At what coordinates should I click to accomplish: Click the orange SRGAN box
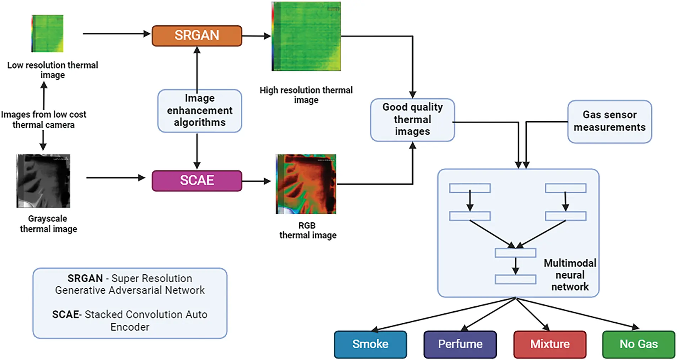point(197,36)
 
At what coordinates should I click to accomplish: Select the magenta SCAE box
point(197,181)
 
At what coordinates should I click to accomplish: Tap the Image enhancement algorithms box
point(199,111)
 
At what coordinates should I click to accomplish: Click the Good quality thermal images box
point(412,120)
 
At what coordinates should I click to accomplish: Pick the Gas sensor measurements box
point(609,121)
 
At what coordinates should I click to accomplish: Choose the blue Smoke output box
point(370,344)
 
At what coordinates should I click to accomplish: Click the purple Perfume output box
point(460,344)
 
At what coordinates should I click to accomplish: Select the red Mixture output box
point(549,344)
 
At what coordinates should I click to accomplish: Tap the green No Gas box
point(638,344)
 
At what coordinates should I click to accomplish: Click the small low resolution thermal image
point(47,33)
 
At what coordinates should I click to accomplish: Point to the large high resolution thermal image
point(306,36)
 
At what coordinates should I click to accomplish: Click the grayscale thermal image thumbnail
point(43,181)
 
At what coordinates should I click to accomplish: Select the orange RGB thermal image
point(306,184)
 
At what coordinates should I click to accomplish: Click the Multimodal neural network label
point(570,275)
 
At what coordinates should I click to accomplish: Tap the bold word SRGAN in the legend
point(85,278)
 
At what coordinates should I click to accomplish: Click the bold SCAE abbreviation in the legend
point(65,315)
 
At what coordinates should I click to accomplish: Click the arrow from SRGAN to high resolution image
point(256,36)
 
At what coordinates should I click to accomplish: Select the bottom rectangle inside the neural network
point(515,279)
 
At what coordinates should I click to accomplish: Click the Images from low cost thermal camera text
point(43,120)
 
